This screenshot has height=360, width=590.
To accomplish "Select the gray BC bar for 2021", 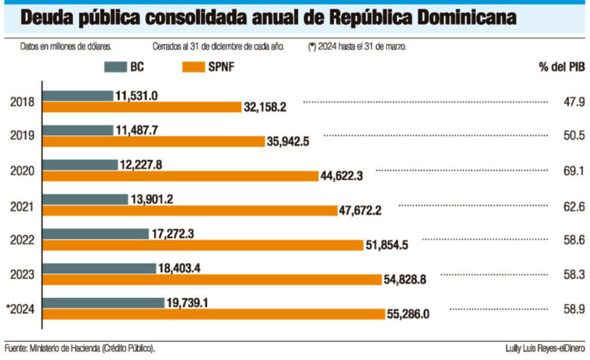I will (x=85, y=199).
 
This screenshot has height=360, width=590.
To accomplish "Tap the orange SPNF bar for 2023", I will (x=211, y=279).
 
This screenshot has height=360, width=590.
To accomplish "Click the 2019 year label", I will (x=22, y=136).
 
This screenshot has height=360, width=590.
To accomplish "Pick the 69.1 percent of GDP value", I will (x=572, y=170).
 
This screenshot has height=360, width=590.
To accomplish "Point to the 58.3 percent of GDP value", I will (x=572, y=273).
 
